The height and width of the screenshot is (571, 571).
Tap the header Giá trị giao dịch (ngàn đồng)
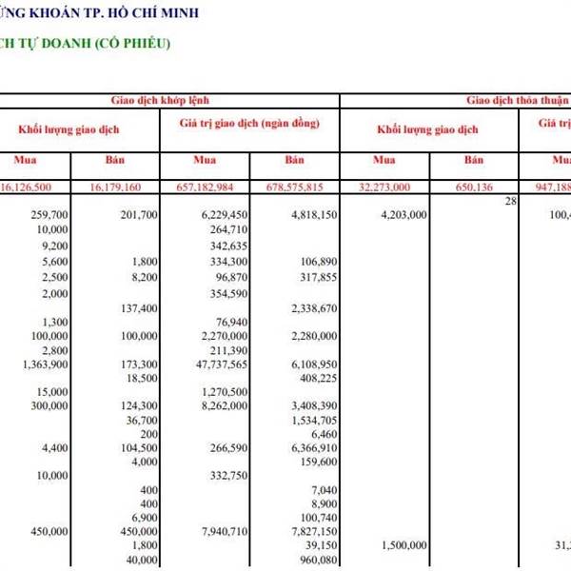pos(249,124)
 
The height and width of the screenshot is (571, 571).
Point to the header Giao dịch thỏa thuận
pos(513,100)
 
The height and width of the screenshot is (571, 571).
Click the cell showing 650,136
pos(476,187)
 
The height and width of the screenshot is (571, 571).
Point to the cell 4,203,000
pos(403,215)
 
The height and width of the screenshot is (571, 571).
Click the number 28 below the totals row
pos(510,201)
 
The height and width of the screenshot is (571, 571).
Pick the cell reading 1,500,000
pos(403,545)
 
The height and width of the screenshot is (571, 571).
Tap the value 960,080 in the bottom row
pos(317,561)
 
